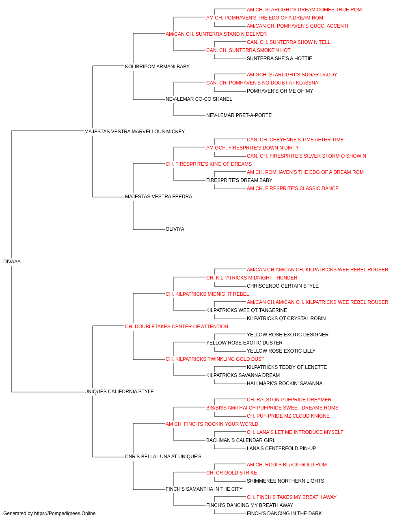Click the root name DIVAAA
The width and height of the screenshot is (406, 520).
click(12, 262)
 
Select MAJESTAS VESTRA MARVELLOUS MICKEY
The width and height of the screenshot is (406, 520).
click(135, 132)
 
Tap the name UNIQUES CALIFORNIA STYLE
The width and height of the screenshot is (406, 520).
click(119, 392)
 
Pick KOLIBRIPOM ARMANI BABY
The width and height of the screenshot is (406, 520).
click(158, 67)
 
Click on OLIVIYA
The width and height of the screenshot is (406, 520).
click(175, 229)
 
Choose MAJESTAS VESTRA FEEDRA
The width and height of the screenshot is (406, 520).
click(158, 197)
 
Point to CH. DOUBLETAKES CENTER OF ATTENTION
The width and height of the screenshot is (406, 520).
click(177, 327)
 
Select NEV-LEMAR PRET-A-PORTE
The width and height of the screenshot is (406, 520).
click(239, 115)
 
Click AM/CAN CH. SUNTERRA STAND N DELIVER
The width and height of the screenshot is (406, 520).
click(216, 34)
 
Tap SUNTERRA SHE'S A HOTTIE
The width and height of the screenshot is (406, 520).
click(279, 58)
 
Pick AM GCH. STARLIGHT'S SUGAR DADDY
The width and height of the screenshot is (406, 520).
click(292, 75)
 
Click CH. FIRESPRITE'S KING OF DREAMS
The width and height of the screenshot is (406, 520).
click(209, 164)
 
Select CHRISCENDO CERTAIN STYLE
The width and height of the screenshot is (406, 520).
click(283, 286)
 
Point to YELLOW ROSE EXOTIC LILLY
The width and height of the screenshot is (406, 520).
click(281, 351)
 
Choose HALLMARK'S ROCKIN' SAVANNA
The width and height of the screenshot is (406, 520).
click(285, 383)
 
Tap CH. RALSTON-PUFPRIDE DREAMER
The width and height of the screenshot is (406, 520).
click(289, 400)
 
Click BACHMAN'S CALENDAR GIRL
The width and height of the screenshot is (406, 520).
click(241, 440)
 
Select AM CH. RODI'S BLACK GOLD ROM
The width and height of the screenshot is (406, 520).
click(287, 465)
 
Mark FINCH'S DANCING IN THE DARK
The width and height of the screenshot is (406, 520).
click(284, 513)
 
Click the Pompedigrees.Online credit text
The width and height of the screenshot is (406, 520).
click(49, 513)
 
